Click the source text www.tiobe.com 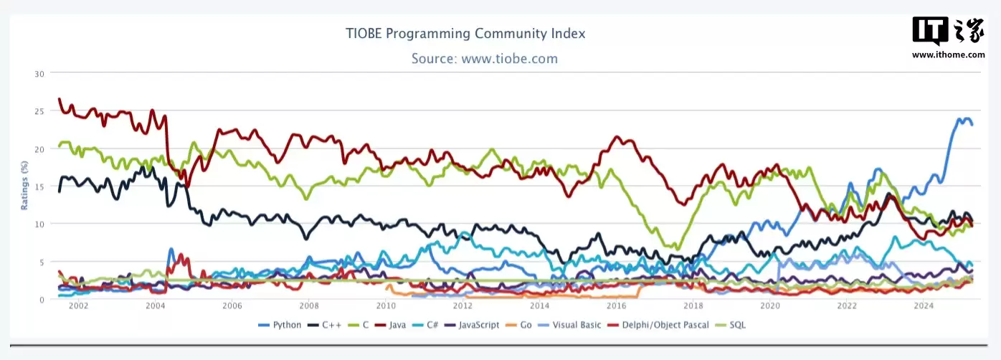(484, 59)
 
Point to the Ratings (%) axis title (24, 186)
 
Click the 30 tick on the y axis (39, 74)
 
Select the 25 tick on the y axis (39, 111)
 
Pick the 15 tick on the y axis (39, 186)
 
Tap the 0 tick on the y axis (42, 299)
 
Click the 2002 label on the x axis (78, 306)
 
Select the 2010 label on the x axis (386, 306)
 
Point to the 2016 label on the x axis (616, 306)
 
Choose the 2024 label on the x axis (924, 306)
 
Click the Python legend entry (280, 326)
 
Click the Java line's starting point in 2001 (60, 99)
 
